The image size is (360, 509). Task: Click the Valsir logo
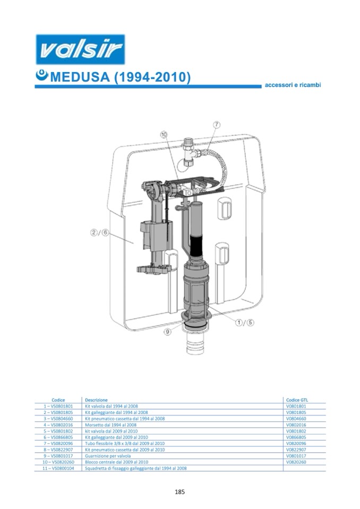(80, 49)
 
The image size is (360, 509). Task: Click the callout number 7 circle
(217, 125)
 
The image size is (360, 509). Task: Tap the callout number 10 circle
(164, 134)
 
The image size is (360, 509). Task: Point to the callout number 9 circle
(167, 332)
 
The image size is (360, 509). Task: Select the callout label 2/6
(99, 232)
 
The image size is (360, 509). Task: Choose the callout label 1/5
(244, 322)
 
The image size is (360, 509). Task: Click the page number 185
(179, 492)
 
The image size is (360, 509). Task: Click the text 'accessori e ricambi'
(293, 85)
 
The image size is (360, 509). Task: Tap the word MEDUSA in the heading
(80, 77)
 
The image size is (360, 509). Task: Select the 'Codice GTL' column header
(297, 400)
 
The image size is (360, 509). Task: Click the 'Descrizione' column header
(96, 400)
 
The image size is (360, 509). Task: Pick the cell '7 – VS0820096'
(58, 443)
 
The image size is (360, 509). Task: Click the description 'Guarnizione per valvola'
(108, 456)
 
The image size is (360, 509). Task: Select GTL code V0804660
(296, 419)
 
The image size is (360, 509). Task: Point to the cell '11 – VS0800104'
(58, 468)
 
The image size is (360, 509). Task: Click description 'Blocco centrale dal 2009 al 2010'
(116, 462)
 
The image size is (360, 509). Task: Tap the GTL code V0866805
(296, 437)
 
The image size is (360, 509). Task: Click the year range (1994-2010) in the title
(152, 77)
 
